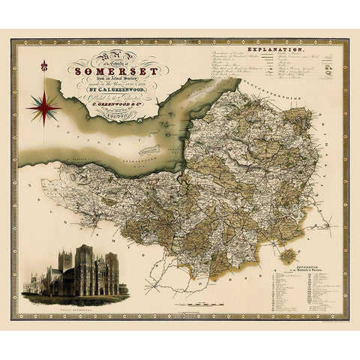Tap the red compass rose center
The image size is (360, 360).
[43, 108]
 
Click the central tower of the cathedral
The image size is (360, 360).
[83, 259]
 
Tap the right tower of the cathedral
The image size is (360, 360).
[112, 264]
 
